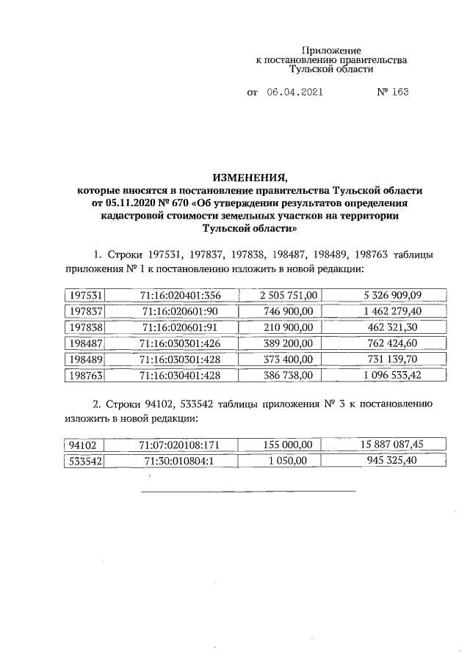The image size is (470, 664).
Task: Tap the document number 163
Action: point(400,93)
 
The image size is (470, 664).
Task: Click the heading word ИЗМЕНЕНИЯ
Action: point(250,178)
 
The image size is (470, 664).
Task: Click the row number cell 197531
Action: point(84,295)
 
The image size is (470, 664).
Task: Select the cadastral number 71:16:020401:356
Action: point(181,295)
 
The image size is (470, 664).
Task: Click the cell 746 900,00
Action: point(289,311)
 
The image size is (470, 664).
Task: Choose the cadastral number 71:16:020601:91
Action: point(181,327)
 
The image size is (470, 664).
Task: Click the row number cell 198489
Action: point(84,360)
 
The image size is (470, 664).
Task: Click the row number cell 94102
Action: point(84,444)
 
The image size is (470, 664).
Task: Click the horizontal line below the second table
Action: point(248,490)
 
